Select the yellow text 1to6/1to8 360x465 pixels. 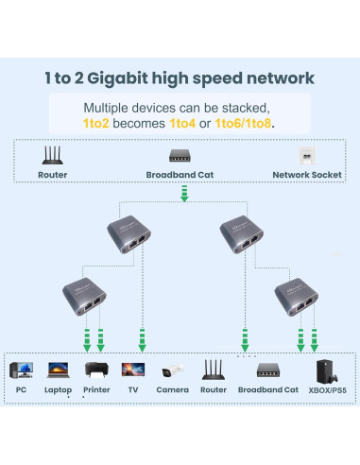[x=244, y=124]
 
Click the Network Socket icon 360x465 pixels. [x=306, y=156]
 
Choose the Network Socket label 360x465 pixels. [x=305, y=175]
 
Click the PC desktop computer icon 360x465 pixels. [x=21, y=370]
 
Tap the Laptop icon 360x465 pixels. [x=58, y=370]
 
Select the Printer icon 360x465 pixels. [x=97, y=370]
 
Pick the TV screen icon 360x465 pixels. [x=133, y=370]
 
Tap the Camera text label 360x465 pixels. [x=172, y=389]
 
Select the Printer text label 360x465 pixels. [x=96, y=389]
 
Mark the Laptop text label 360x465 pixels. [x=59, y=389]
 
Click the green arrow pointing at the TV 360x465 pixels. [x=142, y=337]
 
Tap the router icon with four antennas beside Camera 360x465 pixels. [x=214, y=370]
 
